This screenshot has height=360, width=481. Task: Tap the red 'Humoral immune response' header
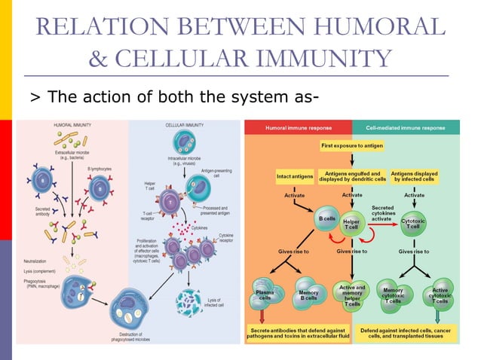(x=298, y=128)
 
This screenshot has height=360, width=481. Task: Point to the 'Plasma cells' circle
(x=265, y=294)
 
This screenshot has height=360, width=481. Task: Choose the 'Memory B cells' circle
(x=309, y=294)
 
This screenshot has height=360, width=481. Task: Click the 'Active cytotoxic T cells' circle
(x=440, y=295)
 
